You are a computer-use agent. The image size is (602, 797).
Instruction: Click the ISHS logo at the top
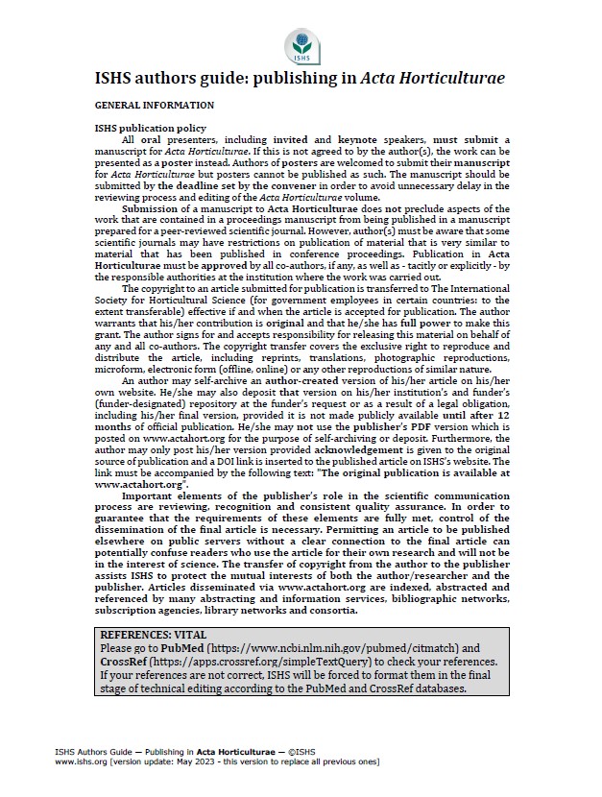(x=300, y=45)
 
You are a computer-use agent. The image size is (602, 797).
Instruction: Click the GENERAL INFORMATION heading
(x=154, y=104)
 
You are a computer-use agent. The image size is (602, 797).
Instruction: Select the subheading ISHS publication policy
(x=150, y=128)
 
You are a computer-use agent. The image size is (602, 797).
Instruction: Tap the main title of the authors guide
(x=300, y=79)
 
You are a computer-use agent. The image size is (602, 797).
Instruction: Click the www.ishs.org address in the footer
(x=81, y=761)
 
